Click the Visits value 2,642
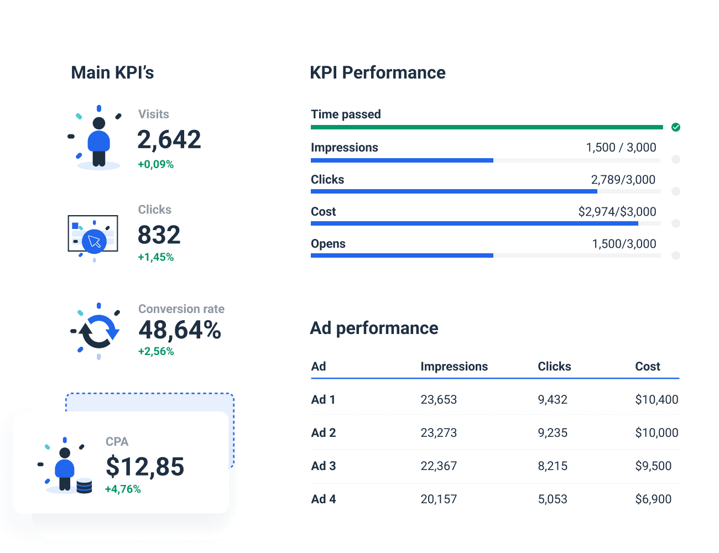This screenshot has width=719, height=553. coord(169,139)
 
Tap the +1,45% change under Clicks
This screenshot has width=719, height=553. coord(156,257)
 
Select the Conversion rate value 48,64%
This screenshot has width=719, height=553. coord(180,330)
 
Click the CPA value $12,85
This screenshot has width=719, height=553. coord(145,467)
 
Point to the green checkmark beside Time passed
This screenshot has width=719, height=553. coord(676,127)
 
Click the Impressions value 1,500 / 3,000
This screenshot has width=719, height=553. coord(621,148)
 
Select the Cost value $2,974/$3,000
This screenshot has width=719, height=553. coord(617,212)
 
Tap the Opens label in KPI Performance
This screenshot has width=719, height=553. coord(328,244)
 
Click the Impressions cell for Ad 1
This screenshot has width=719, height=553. coord(439,399)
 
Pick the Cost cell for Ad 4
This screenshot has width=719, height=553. coord(653,499)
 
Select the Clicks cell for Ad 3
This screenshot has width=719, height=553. coord(553,466)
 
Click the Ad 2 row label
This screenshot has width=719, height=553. coord(324,432)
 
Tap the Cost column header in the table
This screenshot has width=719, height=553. coord(647,366)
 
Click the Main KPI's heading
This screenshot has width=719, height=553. coord(112,72)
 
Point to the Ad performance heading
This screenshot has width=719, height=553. coord(374,328)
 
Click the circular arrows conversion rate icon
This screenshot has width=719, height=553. coord(98,331)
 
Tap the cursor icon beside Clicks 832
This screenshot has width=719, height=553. coord(94,242)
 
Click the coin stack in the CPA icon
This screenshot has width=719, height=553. coord(84,486)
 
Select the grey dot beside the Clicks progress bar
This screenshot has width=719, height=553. coord(675,191)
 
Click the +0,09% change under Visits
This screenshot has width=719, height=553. coord(156,164)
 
